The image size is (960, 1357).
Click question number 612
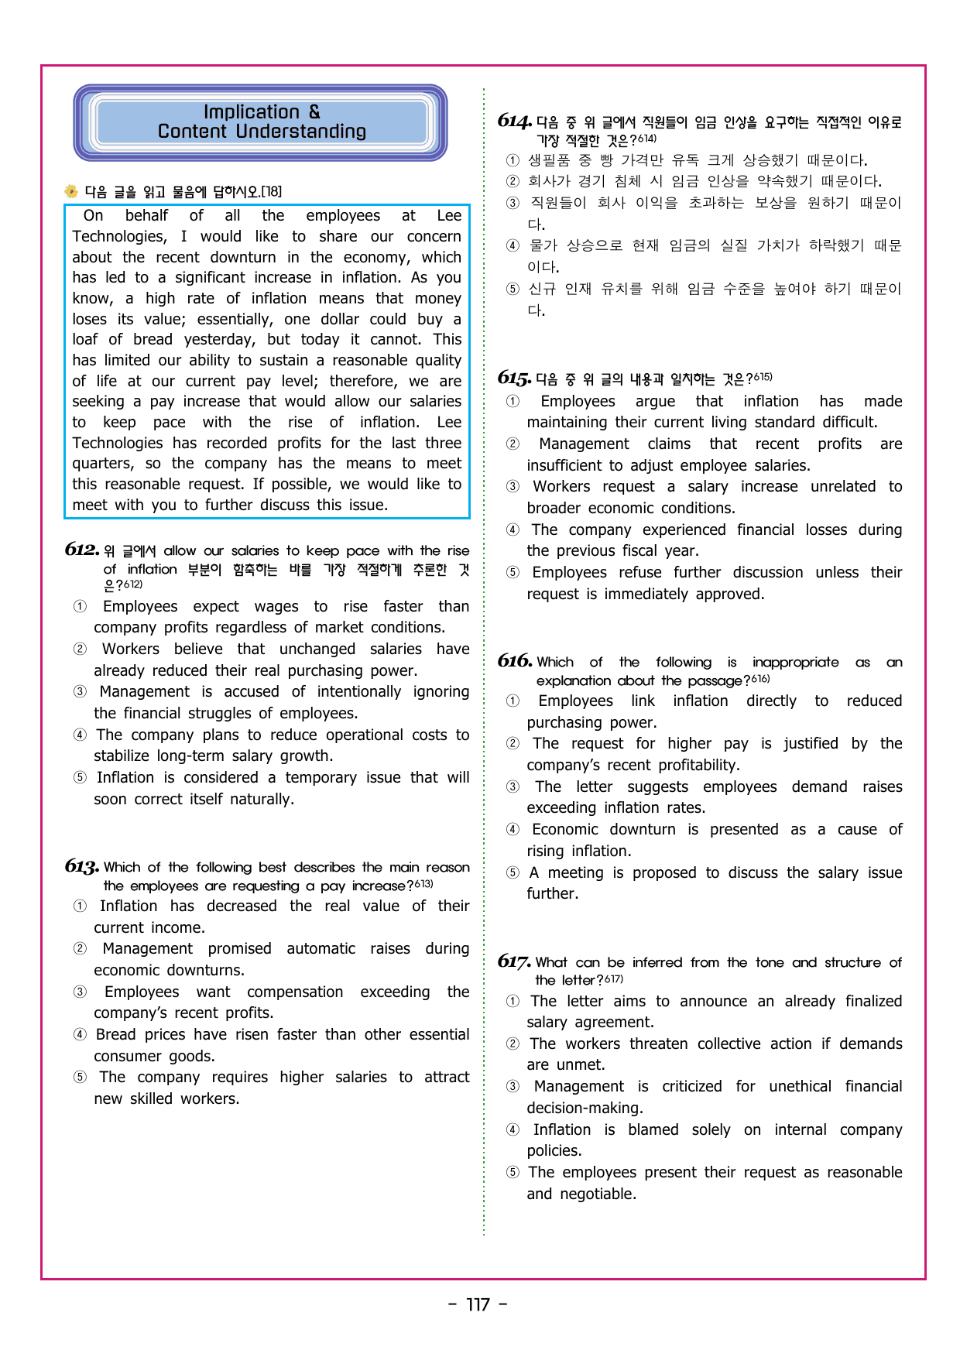(x=81, y=550)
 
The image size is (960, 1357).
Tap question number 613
(x=81, y=866)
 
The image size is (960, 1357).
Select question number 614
(x=514, y=121)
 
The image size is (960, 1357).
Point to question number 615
(x=514, y=378)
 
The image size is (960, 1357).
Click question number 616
(x=514, y=661)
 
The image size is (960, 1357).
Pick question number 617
(x=514, y=961)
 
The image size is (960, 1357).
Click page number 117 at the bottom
(x=478, y=1305)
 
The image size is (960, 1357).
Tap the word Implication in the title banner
(x=251, y=112)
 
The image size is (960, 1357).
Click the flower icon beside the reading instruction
(x=71, y=191)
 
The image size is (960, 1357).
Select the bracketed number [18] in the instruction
(x=271, y=191)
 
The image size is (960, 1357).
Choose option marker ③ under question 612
(x=80, y=691)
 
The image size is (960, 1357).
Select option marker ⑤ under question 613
(x=80, y=1077)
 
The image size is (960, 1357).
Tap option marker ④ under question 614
(x=513, y=245)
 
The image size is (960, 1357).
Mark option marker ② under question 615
(x=513, y=444)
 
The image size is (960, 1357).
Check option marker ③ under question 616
(x=513, y=786)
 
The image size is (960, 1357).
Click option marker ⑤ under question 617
(x=513, y=1172)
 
